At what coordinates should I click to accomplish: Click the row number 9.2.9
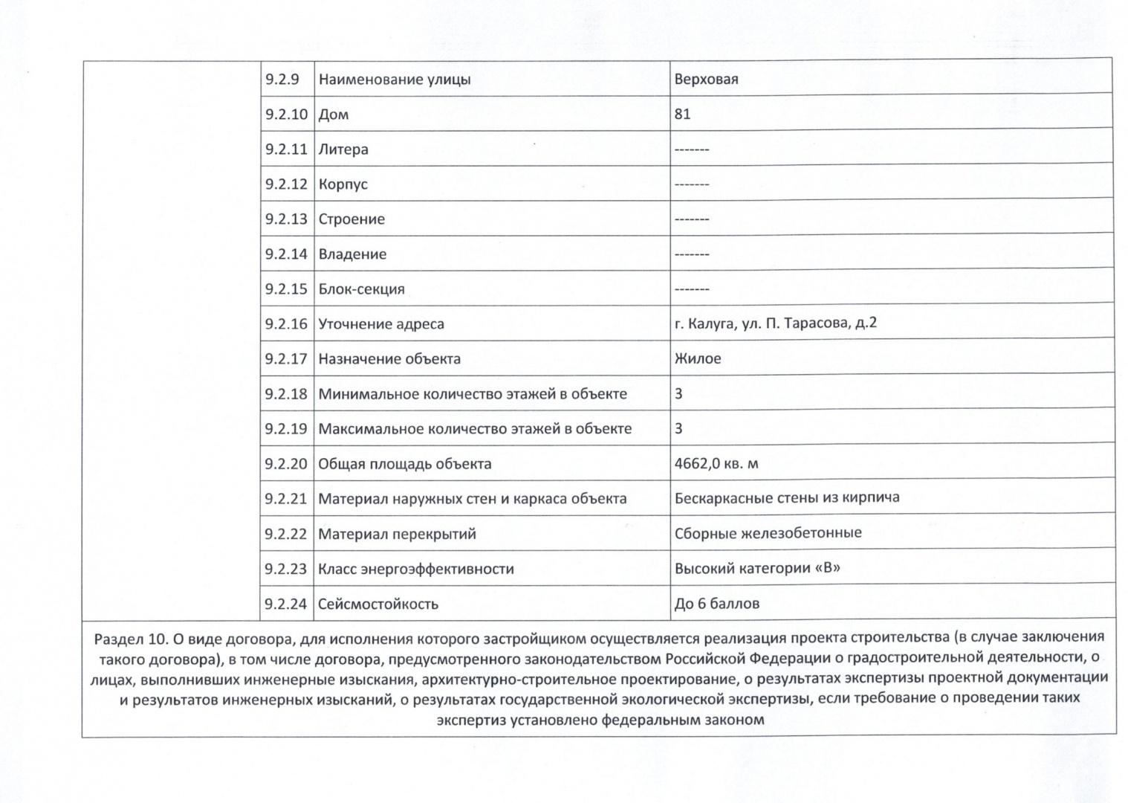[282, 80]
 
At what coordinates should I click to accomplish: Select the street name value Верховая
[706, 80]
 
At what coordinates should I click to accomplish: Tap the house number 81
[682, 114]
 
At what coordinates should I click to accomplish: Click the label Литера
[343, 149]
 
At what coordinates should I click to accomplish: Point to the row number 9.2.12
[285, 184]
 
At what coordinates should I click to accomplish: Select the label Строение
[351, 219]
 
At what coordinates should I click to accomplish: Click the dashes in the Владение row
[691, 254]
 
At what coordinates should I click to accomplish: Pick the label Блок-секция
[361, 289]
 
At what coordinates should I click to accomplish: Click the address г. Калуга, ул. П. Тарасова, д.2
[775, 323]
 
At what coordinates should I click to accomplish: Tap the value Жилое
[697, 358]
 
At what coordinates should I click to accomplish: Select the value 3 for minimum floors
[678, 393]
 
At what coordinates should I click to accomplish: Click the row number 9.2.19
[285, 429]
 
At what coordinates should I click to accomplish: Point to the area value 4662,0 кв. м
[716, 464]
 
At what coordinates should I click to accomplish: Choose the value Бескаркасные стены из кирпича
[786, 498]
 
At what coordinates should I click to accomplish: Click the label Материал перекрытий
[397, 534]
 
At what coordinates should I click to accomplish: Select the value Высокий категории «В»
[757, 569]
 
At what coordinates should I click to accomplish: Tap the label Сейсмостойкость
[378, 604]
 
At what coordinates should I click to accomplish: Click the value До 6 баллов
[716, 604]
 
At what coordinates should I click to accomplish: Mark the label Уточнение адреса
[380, 324]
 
